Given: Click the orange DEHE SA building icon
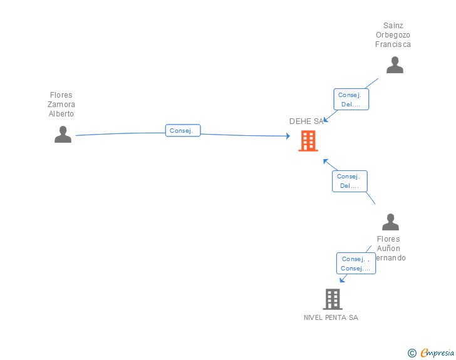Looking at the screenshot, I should click(x=308, y=141).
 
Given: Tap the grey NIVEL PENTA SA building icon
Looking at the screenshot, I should click(x=332, y=299).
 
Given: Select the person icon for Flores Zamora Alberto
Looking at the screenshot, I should click(x=63, y=135).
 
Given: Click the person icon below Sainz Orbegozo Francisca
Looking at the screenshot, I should click(x=395, y=65).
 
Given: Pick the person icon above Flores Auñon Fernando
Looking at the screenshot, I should click(x=390, y=222).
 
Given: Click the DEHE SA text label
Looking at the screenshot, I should click(x=306, y=121).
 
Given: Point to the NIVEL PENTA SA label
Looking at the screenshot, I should click(x=331, y=317).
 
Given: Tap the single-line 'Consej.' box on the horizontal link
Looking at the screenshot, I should click(x=183, y=131).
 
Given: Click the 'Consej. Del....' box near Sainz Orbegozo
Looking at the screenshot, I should click(x=351, y=100).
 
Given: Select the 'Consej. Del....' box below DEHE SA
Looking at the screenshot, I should click(x=350, y=181).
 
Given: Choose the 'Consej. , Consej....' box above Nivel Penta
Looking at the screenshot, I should click(x=356, y=264).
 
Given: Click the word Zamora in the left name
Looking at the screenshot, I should click(x=61, y=105).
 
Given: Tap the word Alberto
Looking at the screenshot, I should click(x=61, y=114).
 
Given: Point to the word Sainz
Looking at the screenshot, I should click(x=393, y=26).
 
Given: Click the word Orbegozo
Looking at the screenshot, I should click(x=393, y=35).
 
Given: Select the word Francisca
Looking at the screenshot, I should click(x=393, y=44).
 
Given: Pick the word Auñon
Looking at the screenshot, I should click(x=388, y=249).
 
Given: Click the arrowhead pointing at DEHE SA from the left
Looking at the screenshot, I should click(x=287, y=136).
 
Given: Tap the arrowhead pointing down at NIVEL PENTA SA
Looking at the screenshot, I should click(x=342, y=280).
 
